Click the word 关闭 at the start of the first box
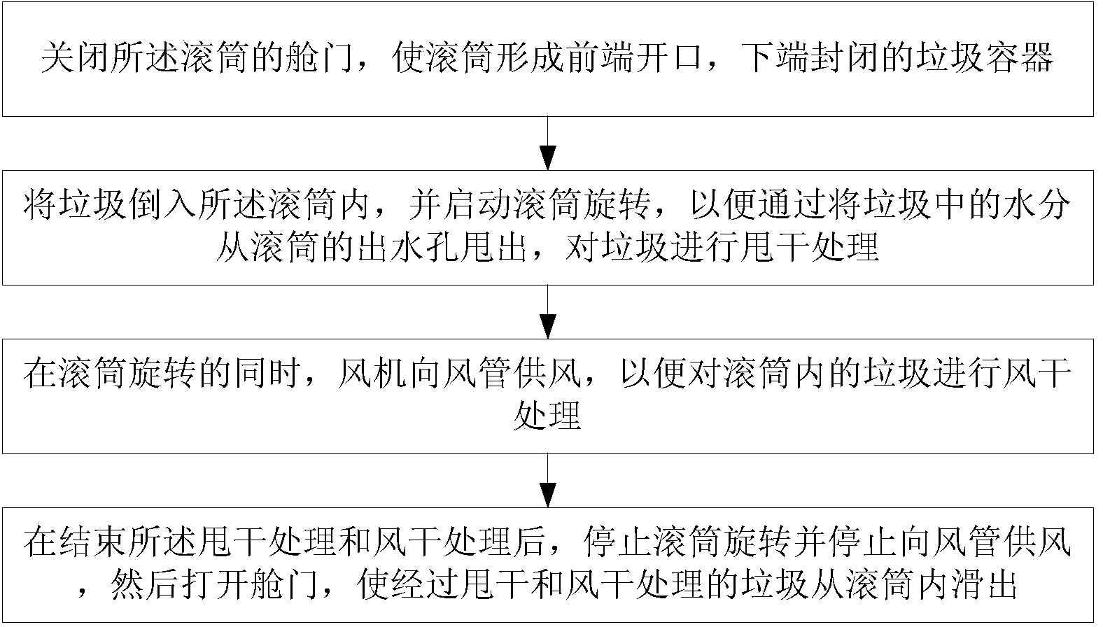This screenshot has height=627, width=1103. pyautogui.click(x=75, y=58)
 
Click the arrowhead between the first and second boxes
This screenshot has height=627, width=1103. pyautogui.click(x=548, y=158)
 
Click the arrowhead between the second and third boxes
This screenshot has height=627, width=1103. pyautogui.click(x=548, y=327)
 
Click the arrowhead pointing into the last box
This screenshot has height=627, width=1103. pyautogui.click(x=548, y=495)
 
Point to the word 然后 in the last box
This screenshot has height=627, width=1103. pyautogui.click(x=144, y=584)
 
